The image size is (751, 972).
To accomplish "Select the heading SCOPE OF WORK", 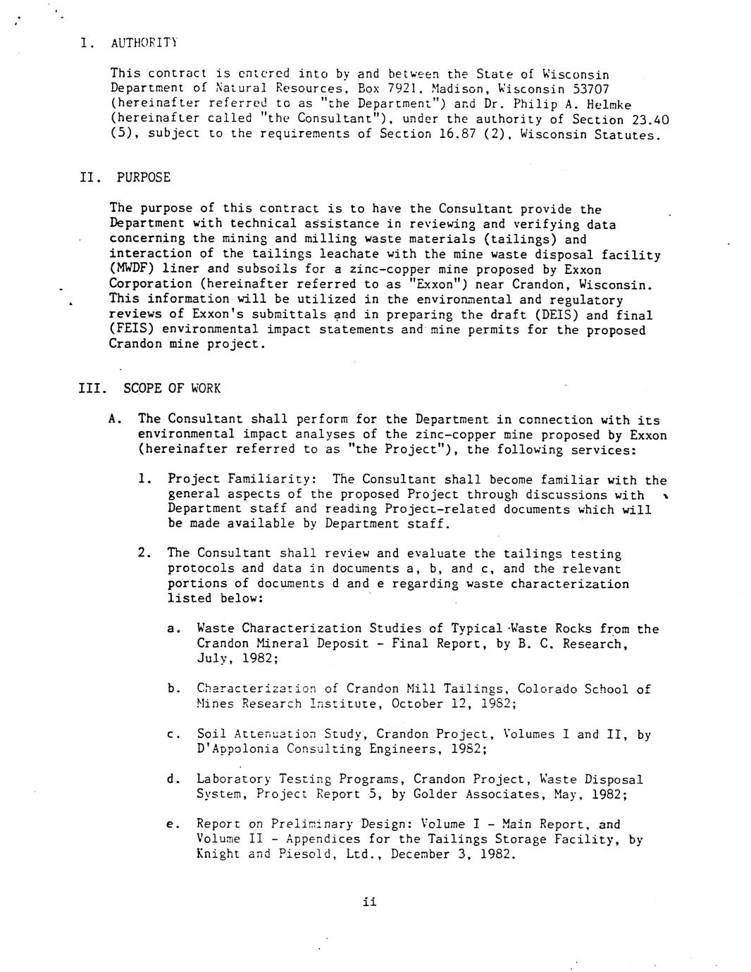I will (172, 389).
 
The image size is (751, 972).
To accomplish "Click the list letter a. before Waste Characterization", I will (173, 629).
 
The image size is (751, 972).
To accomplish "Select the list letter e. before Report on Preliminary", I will (173, 824).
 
